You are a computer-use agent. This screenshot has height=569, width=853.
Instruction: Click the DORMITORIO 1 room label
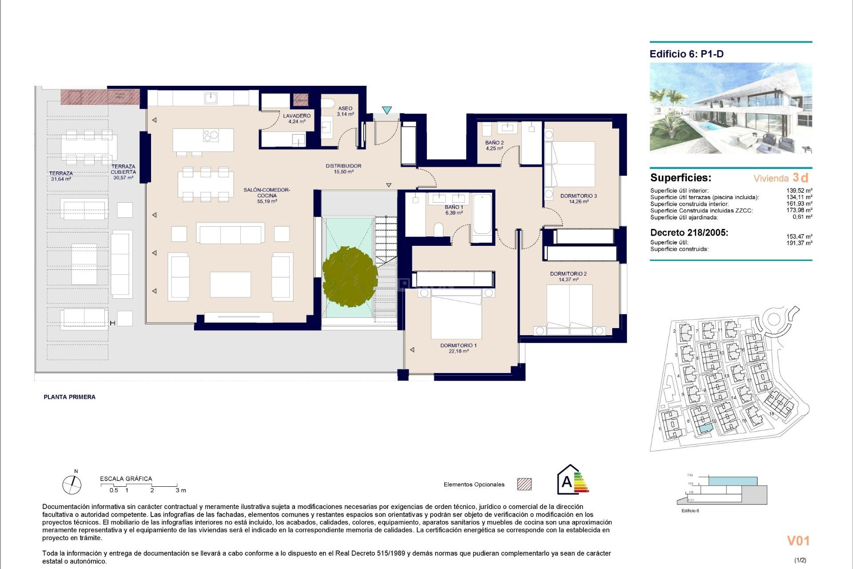[458, 348]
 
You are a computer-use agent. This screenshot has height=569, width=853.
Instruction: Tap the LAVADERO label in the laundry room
[297, 118]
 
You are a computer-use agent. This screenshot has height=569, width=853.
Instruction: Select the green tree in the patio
[350, 276]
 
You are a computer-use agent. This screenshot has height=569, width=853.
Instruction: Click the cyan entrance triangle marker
[387, 110]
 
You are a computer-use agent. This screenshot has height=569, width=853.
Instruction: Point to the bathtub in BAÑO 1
[482, 214]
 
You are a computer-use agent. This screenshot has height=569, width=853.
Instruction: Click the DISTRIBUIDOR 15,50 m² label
[343, 168]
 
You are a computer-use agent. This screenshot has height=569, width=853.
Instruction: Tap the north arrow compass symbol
[72, 484]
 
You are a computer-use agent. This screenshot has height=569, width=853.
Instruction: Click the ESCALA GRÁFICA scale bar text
[126, 479]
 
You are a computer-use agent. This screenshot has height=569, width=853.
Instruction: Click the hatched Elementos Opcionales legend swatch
[524, 484]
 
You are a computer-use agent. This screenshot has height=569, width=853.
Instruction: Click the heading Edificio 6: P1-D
[686, 54]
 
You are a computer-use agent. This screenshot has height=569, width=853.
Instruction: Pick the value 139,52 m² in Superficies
[799, 190]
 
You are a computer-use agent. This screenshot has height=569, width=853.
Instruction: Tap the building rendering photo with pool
[731, 108]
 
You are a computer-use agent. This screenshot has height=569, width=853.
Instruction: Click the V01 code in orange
[798, 541]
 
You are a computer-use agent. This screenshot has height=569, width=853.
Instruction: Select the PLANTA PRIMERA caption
[69, 397]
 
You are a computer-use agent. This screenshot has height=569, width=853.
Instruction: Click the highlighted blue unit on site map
[704, 428]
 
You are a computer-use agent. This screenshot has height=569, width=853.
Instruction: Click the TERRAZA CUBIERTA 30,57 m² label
[123, 172]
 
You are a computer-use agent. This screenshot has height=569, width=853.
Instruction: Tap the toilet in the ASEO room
[328, 104]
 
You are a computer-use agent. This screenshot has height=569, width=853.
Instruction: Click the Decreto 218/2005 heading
[689, 232]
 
